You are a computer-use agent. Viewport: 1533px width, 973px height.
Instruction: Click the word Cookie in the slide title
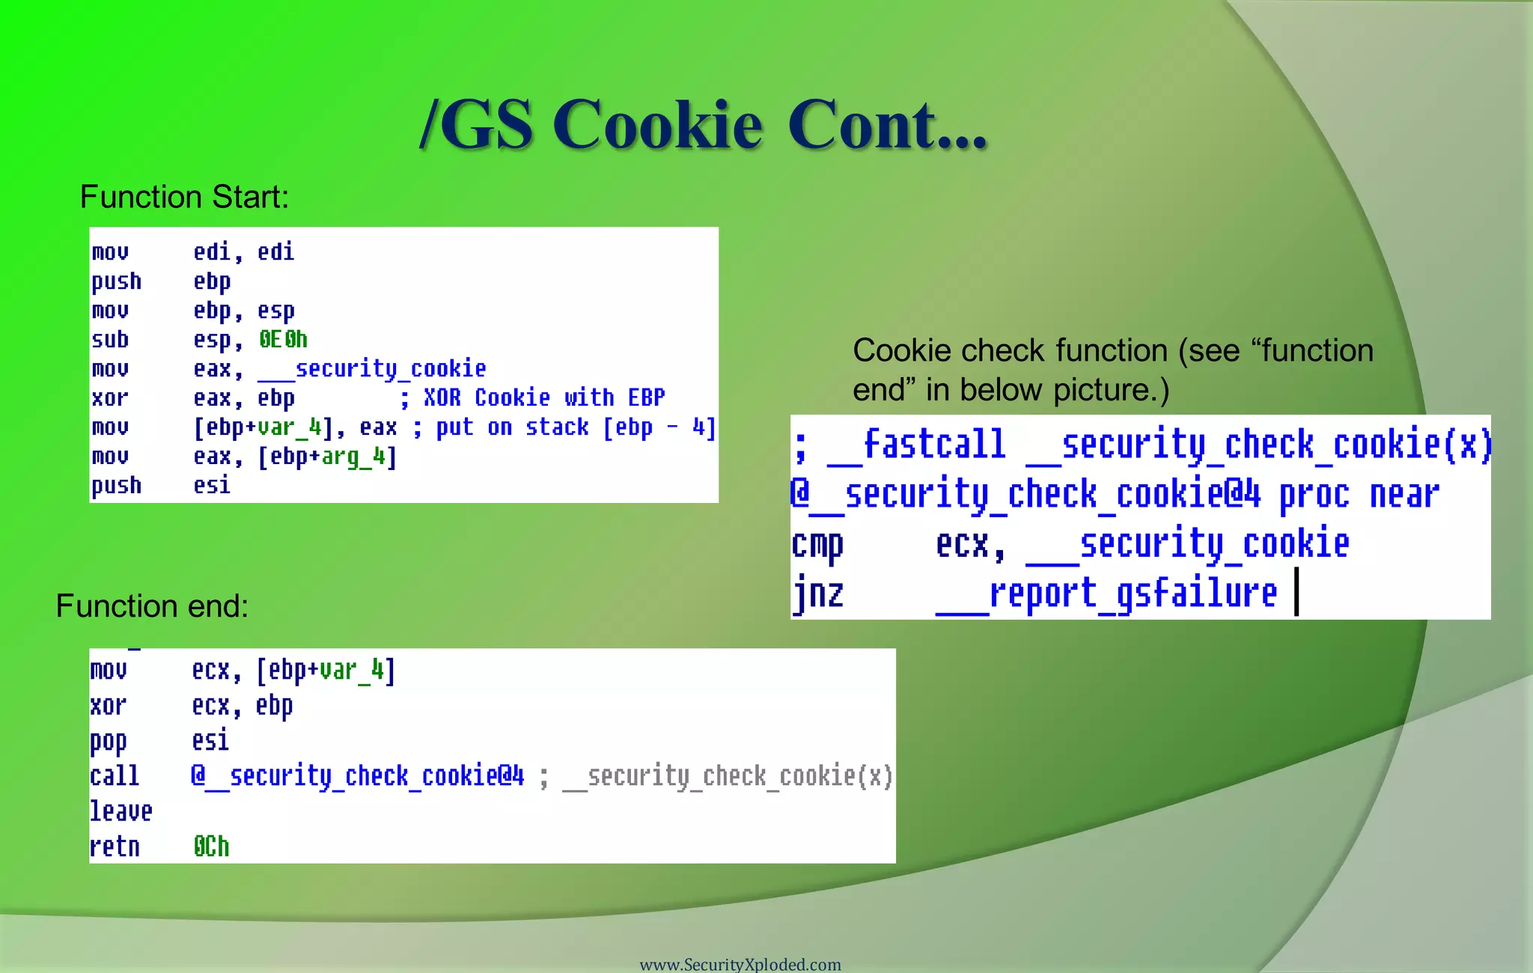657,126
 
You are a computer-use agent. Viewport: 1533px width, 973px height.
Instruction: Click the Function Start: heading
184,198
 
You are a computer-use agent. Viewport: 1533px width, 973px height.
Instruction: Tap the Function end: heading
152,606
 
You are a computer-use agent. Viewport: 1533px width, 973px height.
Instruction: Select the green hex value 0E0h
283,340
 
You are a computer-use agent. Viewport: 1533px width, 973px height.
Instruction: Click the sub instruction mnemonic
110,340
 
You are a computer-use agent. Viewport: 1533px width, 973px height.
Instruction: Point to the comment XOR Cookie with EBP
543,398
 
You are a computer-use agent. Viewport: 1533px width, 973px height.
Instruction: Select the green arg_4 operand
353,457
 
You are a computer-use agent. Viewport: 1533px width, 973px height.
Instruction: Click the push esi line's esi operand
212,486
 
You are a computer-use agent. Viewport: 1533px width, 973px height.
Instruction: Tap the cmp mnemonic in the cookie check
817,544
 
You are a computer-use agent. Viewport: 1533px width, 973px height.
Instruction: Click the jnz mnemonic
817,594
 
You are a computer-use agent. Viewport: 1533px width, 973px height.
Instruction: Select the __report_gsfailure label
1106,594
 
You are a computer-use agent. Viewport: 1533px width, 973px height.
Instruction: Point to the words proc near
1359,495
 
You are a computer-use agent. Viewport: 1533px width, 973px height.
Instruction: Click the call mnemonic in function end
115,776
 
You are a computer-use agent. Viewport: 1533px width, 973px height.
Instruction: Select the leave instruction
121,811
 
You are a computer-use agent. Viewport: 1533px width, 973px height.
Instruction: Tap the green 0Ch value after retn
211,847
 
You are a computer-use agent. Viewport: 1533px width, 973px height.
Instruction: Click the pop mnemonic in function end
109,741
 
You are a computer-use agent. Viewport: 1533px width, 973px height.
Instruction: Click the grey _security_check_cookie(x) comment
728,776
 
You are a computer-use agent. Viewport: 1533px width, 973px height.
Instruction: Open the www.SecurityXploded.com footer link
740,964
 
